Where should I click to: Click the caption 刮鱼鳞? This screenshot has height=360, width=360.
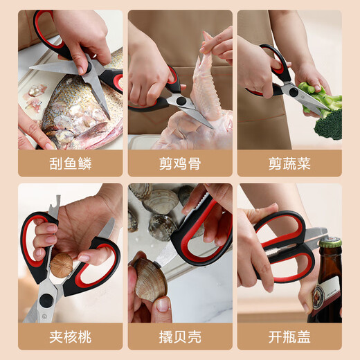[x=71, y=163]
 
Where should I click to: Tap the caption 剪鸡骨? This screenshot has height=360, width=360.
[x=180, y=163]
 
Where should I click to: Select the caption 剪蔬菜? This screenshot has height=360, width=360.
[x=289, y=163]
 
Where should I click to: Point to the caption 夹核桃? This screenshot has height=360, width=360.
[x=71, y=337]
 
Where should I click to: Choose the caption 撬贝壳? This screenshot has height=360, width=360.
[x=180, y=337]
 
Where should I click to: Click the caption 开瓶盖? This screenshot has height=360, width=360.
[x=289, y=337]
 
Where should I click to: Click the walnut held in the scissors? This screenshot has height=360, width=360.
[x=62, y=265]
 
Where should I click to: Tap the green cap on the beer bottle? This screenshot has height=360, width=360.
[x=330, y=243]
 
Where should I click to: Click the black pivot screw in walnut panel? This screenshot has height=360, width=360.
[x=46, y=300]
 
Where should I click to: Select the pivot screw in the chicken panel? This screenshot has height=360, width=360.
[x=181, y=100]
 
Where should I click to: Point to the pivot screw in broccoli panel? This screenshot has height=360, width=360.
[x=294, y=92]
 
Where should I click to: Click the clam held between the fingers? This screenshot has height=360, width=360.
[x=150, y=280]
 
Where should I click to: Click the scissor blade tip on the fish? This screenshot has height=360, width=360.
[x=109, y=118]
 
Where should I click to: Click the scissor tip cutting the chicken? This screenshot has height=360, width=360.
[x=213, y=127]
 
